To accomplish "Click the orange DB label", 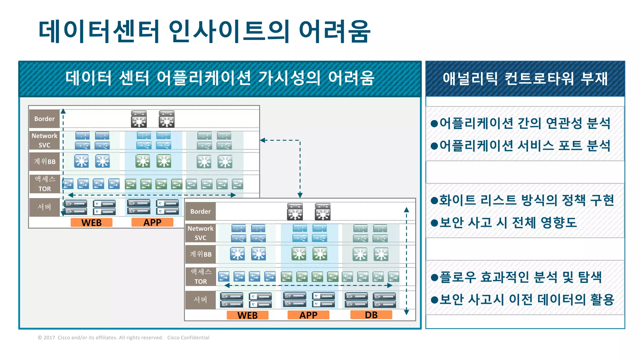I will pos(371,315).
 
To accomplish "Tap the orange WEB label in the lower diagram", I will pos(247,315).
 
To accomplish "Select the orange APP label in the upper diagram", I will pos(152,222).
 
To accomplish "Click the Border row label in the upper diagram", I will pos(44,119).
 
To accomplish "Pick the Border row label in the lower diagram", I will pos(200,212).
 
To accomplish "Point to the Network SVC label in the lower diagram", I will pos(200,233).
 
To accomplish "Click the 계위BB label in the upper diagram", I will pos(44,162).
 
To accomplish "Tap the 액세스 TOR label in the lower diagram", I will pos(201,277).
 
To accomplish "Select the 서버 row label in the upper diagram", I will pos(44,207).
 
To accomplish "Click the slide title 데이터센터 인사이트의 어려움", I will pos(204,31).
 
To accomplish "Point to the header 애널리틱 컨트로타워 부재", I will pos(525,79).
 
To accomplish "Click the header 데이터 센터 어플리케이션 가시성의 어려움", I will pos(220,78).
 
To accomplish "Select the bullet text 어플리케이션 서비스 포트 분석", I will pos(524,146).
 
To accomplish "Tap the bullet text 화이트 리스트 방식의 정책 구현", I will pos(527,200).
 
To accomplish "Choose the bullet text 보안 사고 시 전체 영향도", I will pos(508,222).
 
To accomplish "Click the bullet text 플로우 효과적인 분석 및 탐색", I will pos(520,277).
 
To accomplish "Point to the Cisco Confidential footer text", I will pos(188,337).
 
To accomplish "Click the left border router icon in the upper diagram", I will pos(139,119).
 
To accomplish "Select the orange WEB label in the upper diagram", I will pos(91,222).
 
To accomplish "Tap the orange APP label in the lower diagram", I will pos(308,315).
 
